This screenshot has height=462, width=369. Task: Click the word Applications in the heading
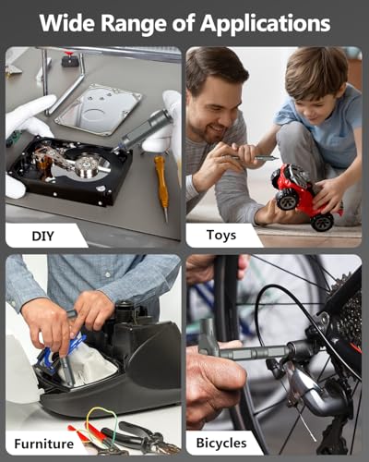click(265, 24)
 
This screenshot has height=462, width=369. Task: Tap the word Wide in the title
click(66, 23)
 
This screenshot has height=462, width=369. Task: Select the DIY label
click(42, 236)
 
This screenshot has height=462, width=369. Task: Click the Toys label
click(221, 236)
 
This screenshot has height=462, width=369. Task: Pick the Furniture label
click(44, 444)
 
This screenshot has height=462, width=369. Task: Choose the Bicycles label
click(221, 444)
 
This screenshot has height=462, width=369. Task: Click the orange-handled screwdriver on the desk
click(161, 188)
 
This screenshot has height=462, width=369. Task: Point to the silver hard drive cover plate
click(99, 110)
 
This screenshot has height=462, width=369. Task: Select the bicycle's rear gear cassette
click(349, 321)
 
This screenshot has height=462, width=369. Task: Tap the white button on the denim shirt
click(107, 274)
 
